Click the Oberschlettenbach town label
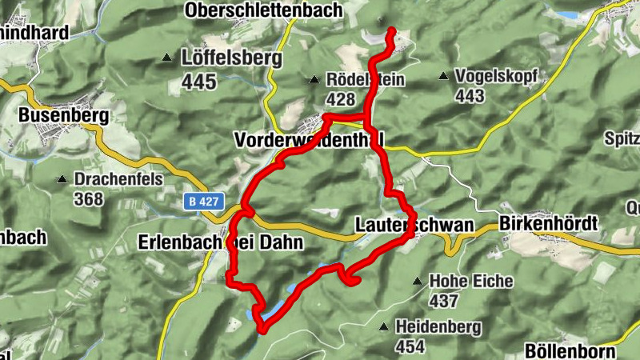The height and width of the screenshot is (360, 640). click(262, 10)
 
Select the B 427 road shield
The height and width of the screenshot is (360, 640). click(205, 203)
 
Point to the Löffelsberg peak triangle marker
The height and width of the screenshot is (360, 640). click(166, 58)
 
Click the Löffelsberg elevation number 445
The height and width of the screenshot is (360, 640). click(199, 81)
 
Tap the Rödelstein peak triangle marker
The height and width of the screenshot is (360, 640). click(314, 79)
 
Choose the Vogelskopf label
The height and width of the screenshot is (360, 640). click(494, 77)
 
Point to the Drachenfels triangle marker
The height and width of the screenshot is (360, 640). click(62, 178)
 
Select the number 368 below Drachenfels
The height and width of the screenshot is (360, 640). click(89, 198)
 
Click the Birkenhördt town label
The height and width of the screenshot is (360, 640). click(548, 224)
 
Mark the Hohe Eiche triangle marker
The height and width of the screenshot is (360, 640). click(417, 282)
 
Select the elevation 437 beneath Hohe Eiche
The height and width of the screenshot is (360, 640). click(443, 302)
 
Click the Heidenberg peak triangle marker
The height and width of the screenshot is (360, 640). click(383, 326)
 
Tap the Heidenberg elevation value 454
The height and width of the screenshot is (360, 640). click(410, 346)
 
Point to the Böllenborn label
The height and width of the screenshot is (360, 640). click(570, 351)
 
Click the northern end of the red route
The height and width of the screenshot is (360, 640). click(392, 32)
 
